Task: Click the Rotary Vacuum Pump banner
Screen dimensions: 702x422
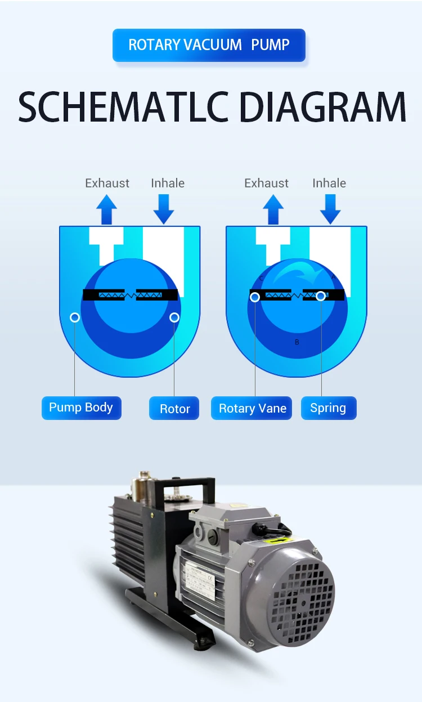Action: tap(209, 45)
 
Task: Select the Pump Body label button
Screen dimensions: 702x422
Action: tap(81, 408)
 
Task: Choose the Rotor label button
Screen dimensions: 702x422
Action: tap(174, 409)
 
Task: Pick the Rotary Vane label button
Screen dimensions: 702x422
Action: tap(252, 409)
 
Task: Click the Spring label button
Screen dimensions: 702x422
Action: tap(328, 408)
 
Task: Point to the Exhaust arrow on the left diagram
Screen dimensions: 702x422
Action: tap(106, 209)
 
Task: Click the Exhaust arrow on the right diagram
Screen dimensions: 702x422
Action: tap(273, 209)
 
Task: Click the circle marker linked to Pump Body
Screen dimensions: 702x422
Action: tap(75, 318)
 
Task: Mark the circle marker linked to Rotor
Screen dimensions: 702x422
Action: tap(174, 318)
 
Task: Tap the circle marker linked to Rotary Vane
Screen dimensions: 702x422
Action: tap(255, 297)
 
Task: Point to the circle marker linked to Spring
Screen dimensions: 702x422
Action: tap(321, 295)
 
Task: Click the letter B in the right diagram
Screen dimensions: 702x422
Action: tap(297, 342)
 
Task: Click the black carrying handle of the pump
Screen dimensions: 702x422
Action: tap(188, 488)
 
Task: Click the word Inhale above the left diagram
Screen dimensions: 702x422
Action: tap(168, 183)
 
